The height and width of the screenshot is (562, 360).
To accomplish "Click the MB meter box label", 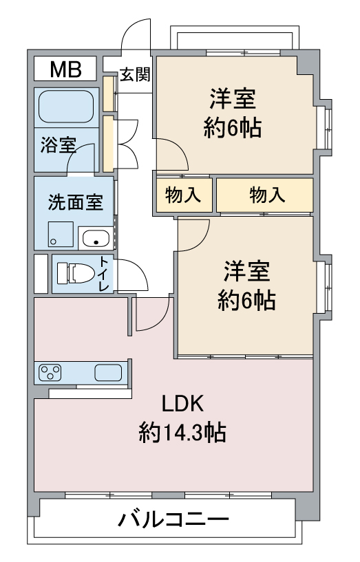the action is [65, 69].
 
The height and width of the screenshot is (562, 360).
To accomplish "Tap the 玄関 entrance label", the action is [135, 74].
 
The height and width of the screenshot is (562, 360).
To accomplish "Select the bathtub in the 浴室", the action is [66, 107].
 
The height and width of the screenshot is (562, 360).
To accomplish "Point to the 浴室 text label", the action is [58, 145].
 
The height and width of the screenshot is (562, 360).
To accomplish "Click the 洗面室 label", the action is [76, 202].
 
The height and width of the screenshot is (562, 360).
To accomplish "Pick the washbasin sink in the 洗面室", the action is [96, 237].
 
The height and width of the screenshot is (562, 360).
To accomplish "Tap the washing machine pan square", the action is [61, 234].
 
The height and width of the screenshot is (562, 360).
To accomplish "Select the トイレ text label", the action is [104, 274].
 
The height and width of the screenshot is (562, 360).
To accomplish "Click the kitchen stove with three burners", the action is [50, 372].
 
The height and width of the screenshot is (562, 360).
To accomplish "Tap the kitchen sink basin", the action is [108, 372].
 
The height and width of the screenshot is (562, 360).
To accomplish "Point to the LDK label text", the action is [182, 403].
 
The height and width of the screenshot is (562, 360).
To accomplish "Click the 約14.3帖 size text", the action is [182, 432].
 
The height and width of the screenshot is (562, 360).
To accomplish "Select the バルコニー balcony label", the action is [173, 519].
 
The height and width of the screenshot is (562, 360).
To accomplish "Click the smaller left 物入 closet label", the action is [183, 195].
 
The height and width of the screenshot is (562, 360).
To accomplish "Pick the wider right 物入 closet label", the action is [268, 195].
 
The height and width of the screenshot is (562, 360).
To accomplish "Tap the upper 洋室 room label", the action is [233, 99].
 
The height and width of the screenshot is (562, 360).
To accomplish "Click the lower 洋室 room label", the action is [246, 271].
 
